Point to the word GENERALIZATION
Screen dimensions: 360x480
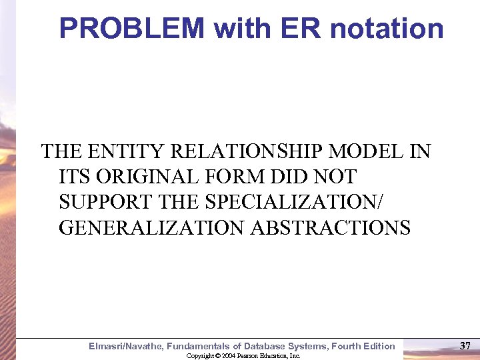pos(152,227)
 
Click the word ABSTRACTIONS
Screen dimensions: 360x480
pos(331,227)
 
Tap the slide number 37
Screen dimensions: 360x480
pos(465,345)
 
